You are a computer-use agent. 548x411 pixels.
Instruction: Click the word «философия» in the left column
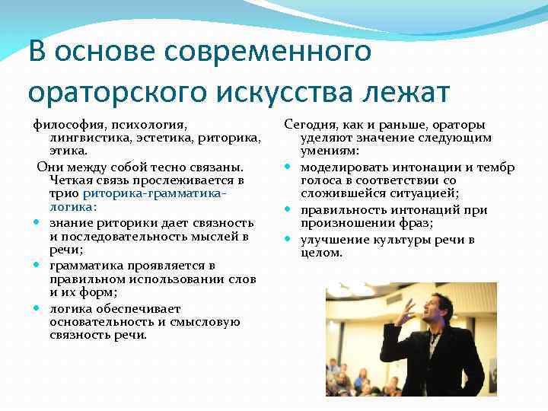[67, 125]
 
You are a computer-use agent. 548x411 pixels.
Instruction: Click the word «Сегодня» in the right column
[307, 125]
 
